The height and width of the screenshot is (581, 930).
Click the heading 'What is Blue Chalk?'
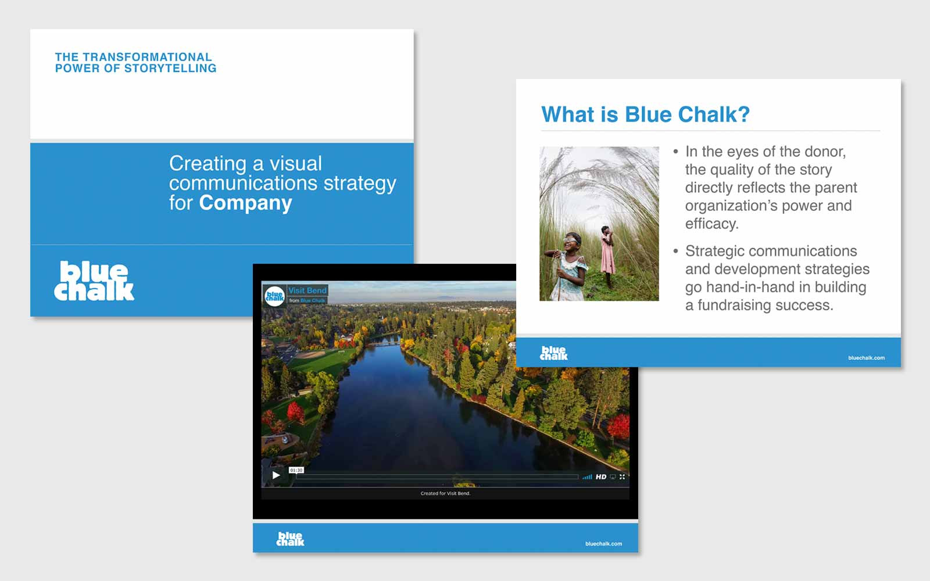(x=646, y=114)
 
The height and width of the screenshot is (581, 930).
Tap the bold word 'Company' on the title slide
(x=245, y=203)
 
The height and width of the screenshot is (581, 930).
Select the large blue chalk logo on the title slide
(x=94, y=281)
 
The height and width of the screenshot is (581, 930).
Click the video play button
(x=276, y=475)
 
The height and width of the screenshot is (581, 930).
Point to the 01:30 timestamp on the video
(x=296, y=470)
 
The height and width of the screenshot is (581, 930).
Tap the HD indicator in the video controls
(x=601, y=477)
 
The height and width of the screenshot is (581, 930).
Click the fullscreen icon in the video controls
(x=622, y=477)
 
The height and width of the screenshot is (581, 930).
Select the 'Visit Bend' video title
(x=307, y=290)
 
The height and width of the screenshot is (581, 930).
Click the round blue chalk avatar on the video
(x=274, y=296)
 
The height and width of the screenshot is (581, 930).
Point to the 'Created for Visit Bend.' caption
(x=445, y=493)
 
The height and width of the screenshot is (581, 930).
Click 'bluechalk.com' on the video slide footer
(x=604, y=544)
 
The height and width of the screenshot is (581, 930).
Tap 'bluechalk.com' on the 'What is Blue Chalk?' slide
(x=867, y=358)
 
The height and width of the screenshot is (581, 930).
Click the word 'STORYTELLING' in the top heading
(x=170, y=69)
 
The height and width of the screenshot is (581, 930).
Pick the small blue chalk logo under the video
(x=290, y=539)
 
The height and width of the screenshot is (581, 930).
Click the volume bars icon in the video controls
(x=587, y=477)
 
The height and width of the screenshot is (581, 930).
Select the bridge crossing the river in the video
(x=383, y=343)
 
